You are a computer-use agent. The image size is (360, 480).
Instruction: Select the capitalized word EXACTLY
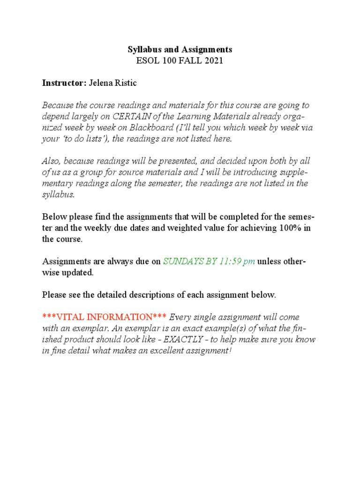tap(186, 339)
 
